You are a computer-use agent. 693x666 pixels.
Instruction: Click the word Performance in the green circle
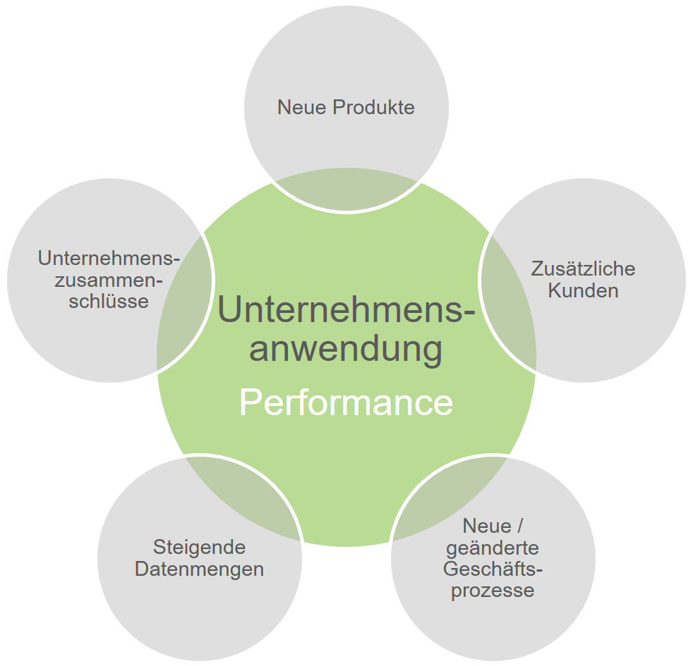click(346, 403)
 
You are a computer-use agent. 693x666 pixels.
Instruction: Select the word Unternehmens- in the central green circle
click(346, 310)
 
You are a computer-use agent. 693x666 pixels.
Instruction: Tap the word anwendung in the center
click(346, 349)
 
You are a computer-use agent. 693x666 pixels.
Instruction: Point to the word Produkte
click(373, 107)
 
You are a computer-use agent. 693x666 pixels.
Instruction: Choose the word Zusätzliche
click(583, 269)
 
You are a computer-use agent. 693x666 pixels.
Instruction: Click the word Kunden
click(583, 290)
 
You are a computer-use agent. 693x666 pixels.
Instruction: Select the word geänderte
click(493, 548)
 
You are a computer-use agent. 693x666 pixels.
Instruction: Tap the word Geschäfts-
click(493, 569)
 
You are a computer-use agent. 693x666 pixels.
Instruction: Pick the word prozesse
click(493, 590)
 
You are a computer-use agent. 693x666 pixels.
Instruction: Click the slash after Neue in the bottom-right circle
click(521, 526)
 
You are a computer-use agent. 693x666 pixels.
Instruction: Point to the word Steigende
click(199, 547)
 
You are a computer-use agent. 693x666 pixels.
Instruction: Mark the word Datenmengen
click(199, 569)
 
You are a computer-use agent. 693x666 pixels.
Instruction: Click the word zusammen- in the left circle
click(109, 280)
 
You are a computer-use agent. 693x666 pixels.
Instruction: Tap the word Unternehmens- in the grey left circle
click(109, 258)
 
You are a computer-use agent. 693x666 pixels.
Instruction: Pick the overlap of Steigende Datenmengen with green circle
click(243, 493)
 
